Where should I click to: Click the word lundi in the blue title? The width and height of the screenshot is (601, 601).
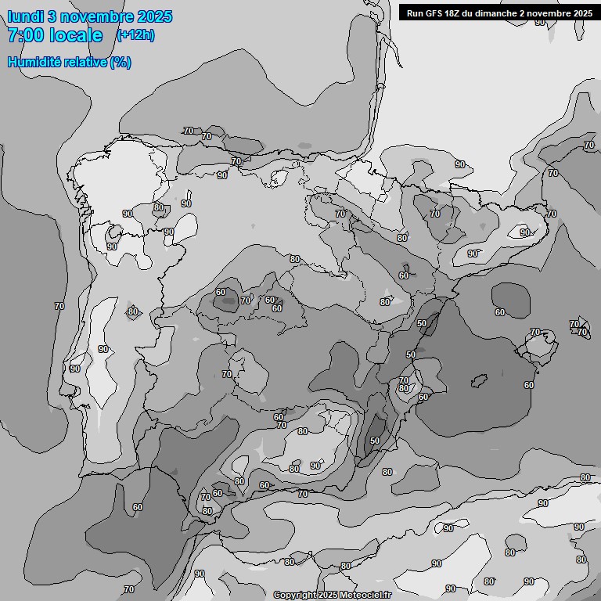[25, 16]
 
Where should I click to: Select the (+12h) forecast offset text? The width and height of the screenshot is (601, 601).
[135, 34]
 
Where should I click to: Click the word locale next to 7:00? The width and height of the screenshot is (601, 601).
[76, 35]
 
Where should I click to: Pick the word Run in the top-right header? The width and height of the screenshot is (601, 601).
[415, 13]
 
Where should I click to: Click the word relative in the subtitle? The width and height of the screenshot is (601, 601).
[81, 62]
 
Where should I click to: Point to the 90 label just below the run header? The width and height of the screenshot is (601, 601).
[540, 22]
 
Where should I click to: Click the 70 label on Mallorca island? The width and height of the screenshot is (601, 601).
[536, 332]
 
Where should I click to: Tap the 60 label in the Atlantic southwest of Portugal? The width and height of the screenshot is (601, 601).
[138, 507]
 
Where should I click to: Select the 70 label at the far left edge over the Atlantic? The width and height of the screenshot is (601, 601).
[59, 306]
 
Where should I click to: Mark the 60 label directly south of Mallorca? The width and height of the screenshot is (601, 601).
[529, 385]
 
